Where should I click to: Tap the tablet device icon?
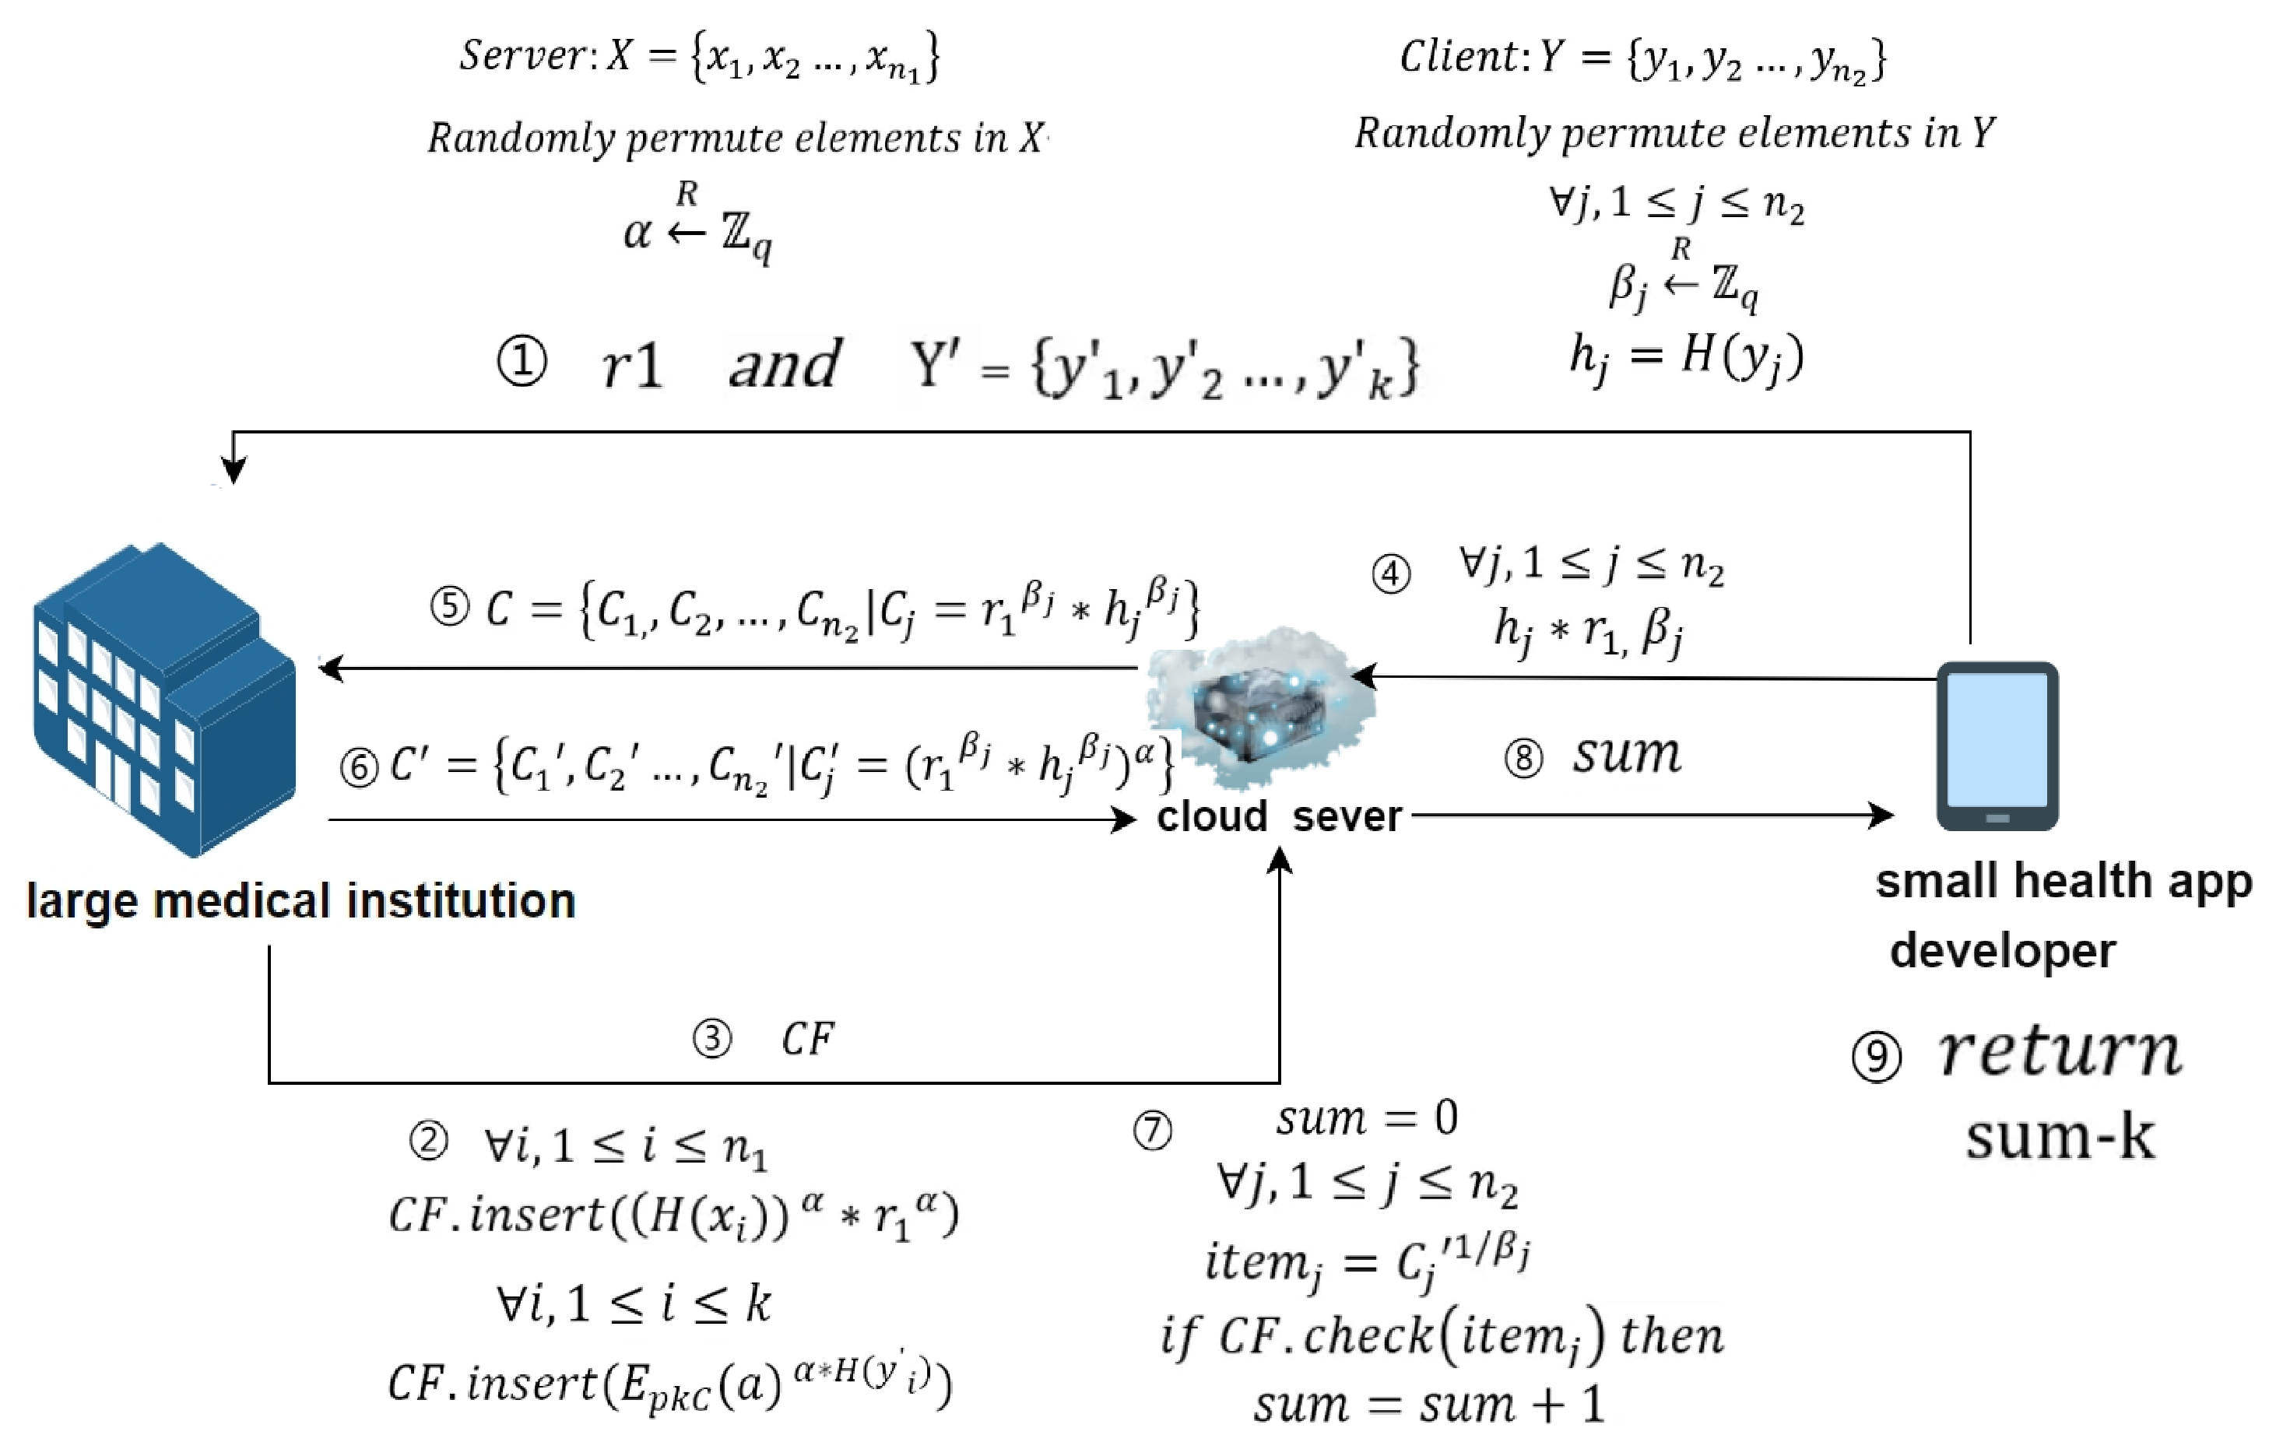[x=1997, y=746]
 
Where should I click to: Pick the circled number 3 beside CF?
[x=712, y=1039]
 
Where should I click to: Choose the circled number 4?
[x=1391, y=574]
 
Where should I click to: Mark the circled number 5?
[x=450, y=607]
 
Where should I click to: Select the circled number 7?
[x=1153, y=1131]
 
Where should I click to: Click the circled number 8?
[x=1523, y=758]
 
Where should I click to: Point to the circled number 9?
[x=1876, y=1056]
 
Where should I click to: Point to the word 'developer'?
[x=2002, y=951]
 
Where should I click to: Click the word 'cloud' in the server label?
[x=1211, y=816]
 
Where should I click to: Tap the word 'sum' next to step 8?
[x=1626, y=755]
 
